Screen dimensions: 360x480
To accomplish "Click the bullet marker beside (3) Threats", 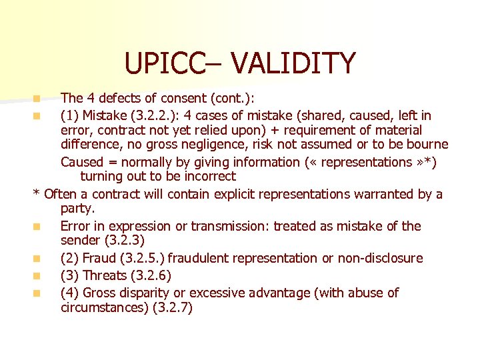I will click(39, 276).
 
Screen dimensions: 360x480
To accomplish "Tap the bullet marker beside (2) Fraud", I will click(39, 259).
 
